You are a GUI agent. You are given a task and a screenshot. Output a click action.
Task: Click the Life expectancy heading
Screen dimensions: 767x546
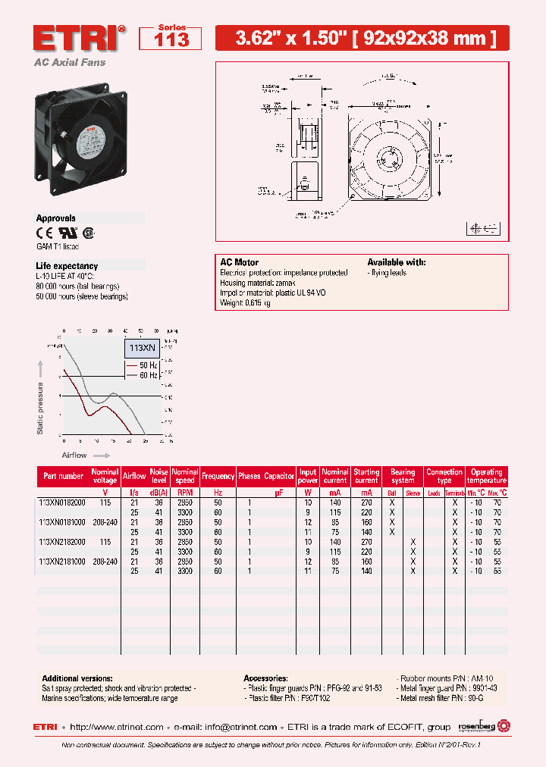[x=67, y=266]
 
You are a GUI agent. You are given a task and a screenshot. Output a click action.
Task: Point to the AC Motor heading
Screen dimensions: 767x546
[x=239, y=262]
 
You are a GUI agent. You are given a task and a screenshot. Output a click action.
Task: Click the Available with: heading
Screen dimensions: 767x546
[x=397, y=262]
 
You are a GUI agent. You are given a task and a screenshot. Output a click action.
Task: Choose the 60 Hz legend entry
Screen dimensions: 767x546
[x=149, y=374]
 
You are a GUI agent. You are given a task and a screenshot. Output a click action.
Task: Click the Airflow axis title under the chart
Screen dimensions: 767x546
[x=74, y=456]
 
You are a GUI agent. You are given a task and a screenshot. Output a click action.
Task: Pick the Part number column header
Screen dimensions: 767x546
[x=64, y=476]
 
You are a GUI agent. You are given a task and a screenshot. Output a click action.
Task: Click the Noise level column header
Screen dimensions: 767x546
[x=158, y=476]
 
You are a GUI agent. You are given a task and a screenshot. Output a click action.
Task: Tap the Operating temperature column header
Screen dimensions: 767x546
[x=486, y=476]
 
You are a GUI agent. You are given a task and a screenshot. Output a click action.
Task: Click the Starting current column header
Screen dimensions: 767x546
[x=366, y=476]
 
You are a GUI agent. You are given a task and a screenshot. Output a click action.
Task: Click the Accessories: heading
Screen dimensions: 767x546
[x=265, y=678]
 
